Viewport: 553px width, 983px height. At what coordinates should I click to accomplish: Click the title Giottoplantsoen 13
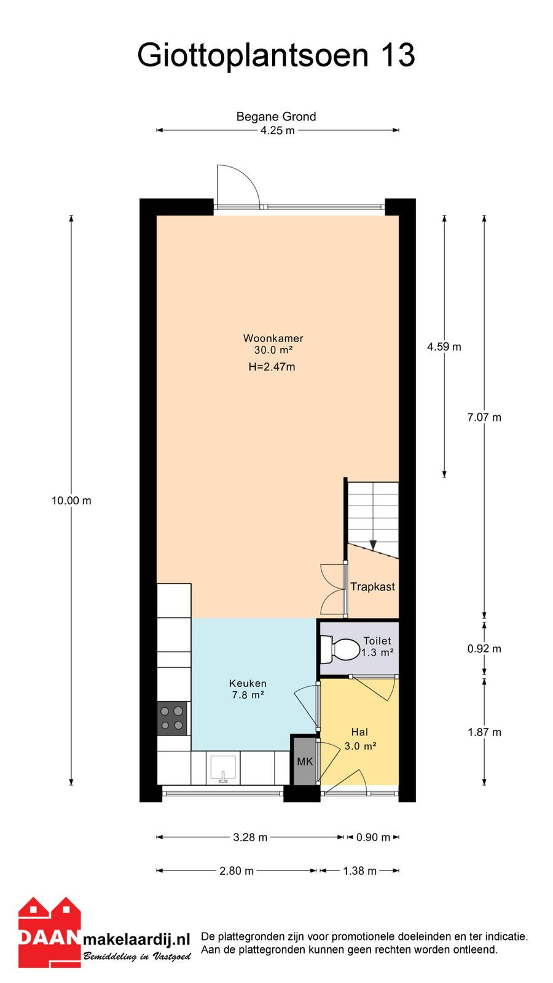click(x=276, y=56)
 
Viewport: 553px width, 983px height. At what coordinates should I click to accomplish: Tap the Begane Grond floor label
click(x=276, y=116)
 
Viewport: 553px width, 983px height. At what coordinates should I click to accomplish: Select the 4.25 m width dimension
click(x=277, y=130)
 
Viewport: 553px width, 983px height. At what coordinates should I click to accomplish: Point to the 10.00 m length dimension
click(x=71, y=501)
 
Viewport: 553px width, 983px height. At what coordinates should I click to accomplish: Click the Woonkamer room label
click(x=273, y=339)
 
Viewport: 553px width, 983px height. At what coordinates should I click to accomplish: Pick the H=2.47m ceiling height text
click(x=272, y=367)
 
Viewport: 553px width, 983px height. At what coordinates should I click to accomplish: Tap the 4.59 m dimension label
click(x=444, y=347)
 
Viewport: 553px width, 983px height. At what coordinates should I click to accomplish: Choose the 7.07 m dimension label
click(x=484, y=417)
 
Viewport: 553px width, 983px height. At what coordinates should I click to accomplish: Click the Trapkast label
click(x=372, y=587)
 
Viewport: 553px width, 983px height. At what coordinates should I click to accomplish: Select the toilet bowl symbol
click(x=341, y=649)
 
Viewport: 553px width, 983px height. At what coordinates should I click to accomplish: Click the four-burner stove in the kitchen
click(x=172, y=718)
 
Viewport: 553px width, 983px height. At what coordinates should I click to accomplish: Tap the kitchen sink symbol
click(x=224, y=769)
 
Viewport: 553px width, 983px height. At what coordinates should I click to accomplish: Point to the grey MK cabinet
click(x=305, y=761)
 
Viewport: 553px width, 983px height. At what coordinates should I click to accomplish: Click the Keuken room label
click(x=248, y=689)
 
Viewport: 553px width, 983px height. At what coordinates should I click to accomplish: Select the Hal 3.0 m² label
click(x=360, y=739)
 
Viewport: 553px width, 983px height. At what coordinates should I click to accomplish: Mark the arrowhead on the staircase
click(x=373, y=545)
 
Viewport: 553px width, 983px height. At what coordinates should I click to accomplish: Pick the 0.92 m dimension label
click(x=484, y=649)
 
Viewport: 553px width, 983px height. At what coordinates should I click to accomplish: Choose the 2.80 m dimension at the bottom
click(x=237, y=871)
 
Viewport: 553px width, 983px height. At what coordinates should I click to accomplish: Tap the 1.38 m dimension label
click(x=360, y=871)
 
